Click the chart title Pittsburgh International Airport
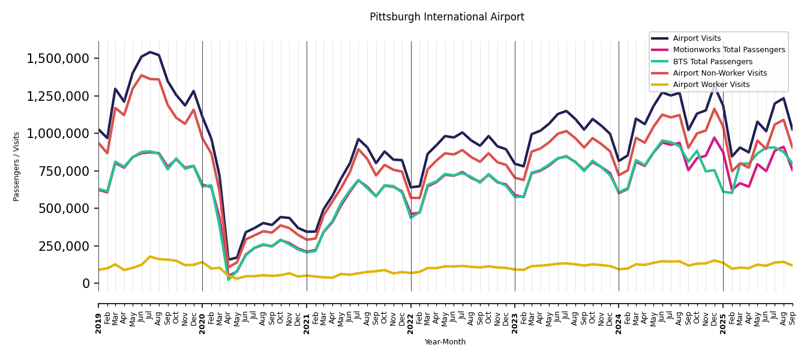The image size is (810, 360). pyautogui.click(x=446, y=17)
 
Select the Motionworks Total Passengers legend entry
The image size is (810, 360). pyautogui.click(x=728, y=50)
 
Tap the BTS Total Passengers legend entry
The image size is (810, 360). pyautogui.click(x=712, y=62)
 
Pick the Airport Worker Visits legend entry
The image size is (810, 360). pyautogui.click(x=711, y=85)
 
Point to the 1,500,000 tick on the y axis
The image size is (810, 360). pyautogui.click(x=58, y=59)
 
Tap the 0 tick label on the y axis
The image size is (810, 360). pyautogui.click(x=86, y=283)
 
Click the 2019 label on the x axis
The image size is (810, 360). pyautogui.click(x=98, y=314)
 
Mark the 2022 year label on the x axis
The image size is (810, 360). pyautogui.click(x=411, y=314)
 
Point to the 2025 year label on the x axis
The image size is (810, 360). pyautogui.click(x=723, y=314)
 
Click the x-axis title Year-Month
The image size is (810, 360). pyautogui.click(x=445, y=342)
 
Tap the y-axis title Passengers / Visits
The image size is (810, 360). pyautogui.click(x=17, y=166)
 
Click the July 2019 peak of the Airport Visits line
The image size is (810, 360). pyautogui.click(x=150, y=52)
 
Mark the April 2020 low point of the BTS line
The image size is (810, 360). pyautogui.click(x=229, y=279)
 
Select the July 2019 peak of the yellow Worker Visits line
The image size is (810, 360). pyautogui.click(x=150, y=257)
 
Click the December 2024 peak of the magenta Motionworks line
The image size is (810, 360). pyautogui.click(x=714, y=137)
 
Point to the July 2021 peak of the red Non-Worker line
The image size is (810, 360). pyautogui.click(x=359, y=149)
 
